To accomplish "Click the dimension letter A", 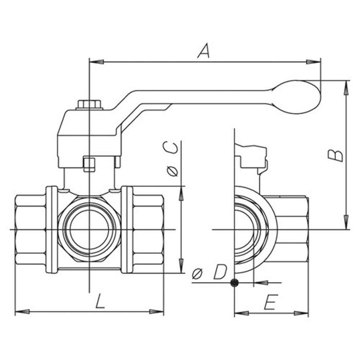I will point(205,51).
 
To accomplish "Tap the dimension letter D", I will point(219,272).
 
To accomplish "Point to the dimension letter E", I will point(269,303).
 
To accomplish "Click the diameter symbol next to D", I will point(197,273).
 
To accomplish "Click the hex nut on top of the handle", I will point(90,105).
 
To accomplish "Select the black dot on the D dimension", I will point(235,282).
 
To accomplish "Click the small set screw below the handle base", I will point(89,165).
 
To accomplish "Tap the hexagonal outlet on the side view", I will point(291,229).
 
